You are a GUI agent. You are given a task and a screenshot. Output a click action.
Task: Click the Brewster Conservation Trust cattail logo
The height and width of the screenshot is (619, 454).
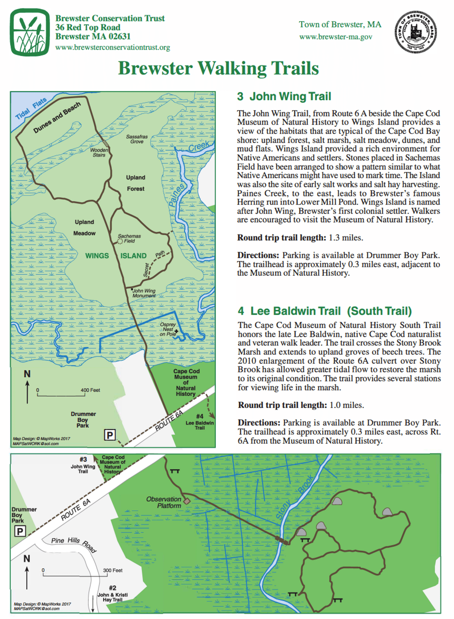pos(30,32)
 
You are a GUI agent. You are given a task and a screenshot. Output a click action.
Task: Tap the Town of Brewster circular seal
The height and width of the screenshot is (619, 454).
pos(416,32)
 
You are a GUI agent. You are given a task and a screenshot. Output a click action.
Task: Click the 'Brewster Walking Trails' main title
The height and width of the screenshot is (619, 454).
pos(218,68)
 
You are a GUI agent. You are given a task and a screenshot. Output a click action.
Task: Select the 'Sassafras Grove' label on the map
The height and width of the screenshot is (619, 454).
pos(137,139)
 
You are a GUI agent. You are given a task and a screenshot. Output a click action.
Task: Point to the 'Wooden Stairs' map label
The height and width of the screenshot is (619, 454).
pos(99,152)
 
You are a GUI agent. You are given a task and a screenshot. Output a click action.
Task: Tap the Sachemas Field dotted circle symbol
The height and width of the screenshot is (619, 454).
pos(120,241)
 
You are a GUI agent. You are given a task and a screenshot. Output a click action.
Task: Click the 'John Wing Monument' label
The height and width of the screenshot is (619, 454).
pos(144,293)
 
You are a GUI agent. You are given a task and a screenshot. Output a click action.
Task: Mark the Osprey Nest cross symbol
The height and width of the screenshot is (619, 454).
pos(176,331)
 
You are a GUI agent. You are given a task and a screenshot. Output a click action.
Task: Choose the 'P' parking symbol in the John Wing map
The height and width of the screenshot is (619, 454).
pos(110,435)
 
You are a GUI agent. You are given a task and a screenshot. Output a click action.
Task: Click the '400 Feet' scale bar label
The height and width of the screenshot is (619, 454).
pos(90,390)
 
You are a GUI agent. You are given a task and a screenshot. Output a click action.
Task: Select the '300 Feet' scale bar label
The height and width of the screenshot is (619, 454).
pos(113,570)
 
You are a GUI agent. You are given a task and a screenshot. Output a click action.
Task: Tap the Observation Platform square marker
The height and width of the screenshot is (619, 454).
pos(187,501)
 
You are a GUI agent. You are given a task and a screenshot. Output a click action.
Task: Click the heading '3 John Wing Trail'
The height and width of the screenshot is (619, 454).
pos(284,96)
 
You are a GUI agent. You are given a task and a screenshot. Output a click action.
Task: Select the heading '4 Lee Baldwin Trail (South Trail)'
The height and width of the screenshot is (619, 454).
pos(325,311)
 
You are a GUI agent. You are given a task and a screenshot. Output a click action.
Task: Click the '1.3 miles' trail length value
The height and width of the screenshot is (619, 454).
pos(346,238)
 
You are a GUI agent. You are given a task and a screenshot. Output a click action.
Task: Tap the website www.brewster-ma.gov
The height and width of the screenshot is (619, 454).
pos(336,37)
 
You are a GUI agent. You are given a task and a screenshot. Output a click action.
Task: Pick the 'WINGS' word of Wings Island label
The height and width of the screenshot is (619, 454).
pos(97,256)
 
